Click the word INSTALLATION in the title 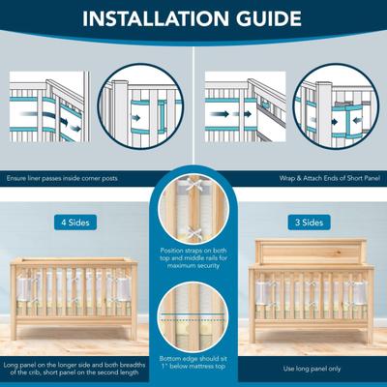(157, 18)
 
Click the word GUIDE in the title (269, 18)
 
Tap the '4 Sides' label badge (75, 223)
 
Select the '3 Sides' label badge (309, 223)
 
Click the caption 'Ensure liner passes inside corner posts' (62, 178)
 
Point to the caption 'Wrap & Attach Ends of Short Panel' (330, 178)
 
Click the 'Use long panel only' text (312, 369)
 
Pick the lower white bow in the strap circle (193, 231)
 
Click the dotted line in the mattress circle (193, 320)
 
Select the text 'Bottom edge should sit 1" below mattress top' (193, 363)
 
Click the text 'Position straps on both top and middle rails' (193, 254)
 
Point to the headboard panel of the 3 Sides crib (310, 253)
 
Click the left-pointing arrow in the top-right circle (357, 120)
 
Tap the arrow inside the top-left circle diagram (136, 118)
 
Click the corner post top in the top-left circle (120, 82)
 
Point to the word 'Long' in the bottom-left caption (11, 366)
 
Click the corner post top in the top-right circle (323, 84)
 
